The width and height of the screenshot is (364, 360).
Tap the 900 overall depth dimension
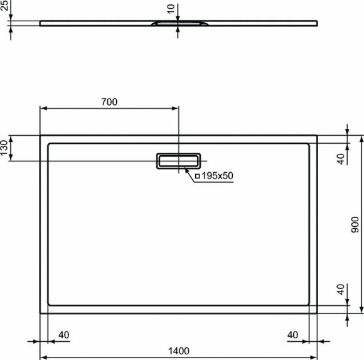[355, 225]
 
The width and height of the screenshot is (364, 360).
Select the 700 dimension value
[109, 101]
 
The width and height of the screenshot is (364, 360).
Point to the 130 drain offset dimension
[5, 148]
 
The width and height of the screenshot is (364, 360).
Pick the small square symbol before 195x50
[197, 177]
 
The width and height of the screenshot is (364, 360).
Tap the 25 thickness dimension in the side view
[5, 6]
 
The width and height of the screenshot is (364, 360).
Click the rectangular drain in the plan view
[178, 161]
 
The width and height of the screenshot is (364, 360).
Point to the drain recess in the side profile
[178, 24]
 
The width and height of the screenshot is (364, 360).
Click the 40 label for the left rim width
[63, 335]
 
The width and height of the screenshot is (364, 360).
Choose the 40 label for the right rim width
[293, 335]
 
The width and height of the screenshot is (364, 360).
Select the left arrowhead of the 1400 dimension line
[43, 358]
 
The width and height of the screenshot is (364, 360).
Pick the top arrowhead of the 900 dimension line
[361, 138]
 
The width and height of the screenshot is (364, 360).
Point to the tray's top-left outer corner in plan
[41, 135]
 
